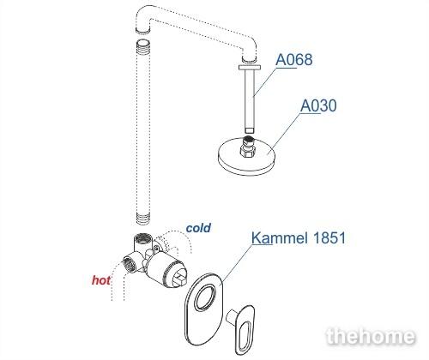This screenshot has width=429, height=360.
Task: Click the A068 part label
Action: click(294, 60)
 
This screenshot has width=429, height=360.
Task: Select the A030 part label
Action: click(318, 105)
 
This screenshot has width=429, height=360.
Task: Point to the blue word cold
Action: click(198, 228)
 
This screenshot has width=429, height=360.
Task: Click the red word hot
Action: click(101, 280)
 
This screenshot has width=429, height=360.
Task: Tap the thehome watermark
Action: click(371, 336)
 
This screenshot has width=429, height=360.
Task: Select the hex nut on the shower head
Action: click(246, 151)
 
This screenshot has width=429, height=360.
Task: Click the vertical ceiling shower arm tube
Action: click(250, 101)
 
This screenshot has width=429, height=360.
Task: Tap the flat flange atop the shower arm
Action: click(250, 67)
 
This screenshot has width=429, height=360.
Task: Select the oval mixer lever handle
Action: click(245, 328)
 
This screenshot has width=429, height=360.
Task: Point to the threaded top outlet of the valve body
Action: click(142, 237)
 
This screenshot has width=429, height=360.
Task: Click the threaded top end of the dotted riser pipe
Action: click(143, 45)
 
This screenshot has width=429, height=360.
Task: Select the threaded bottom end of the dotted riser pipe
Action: click(143, 218)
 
